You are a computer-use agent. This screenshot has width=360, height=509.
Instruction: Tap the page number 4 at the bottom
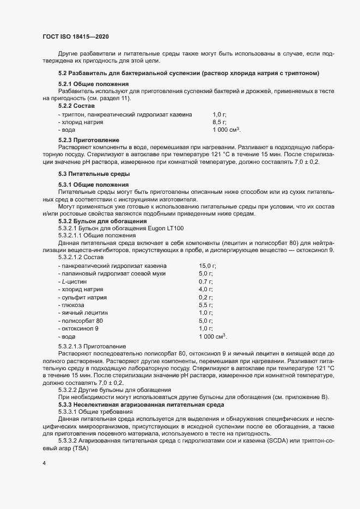[44, 463]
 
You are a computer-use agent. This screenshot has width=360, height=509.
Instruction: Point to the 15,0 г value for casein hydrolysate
[208, 265]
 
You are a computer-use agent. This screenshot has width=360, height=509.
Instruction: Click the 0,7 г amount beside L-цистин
[205, 281]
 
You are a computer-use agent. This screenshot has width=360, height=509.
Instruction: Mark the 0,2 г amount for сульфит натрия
[205, 298]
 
